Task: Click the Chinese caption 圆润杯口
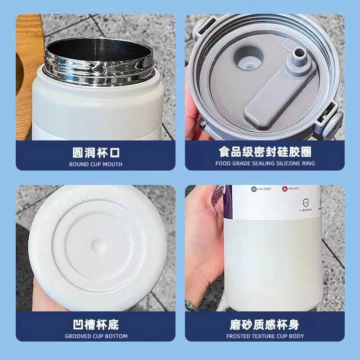(95, 152)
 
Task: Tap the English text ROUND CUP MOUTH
(95, 164)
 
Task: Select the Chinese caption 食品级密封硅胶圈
(265, 152)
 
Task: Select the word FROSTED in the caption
(239, 336)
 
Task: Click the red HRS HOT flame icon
(285, 189)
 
